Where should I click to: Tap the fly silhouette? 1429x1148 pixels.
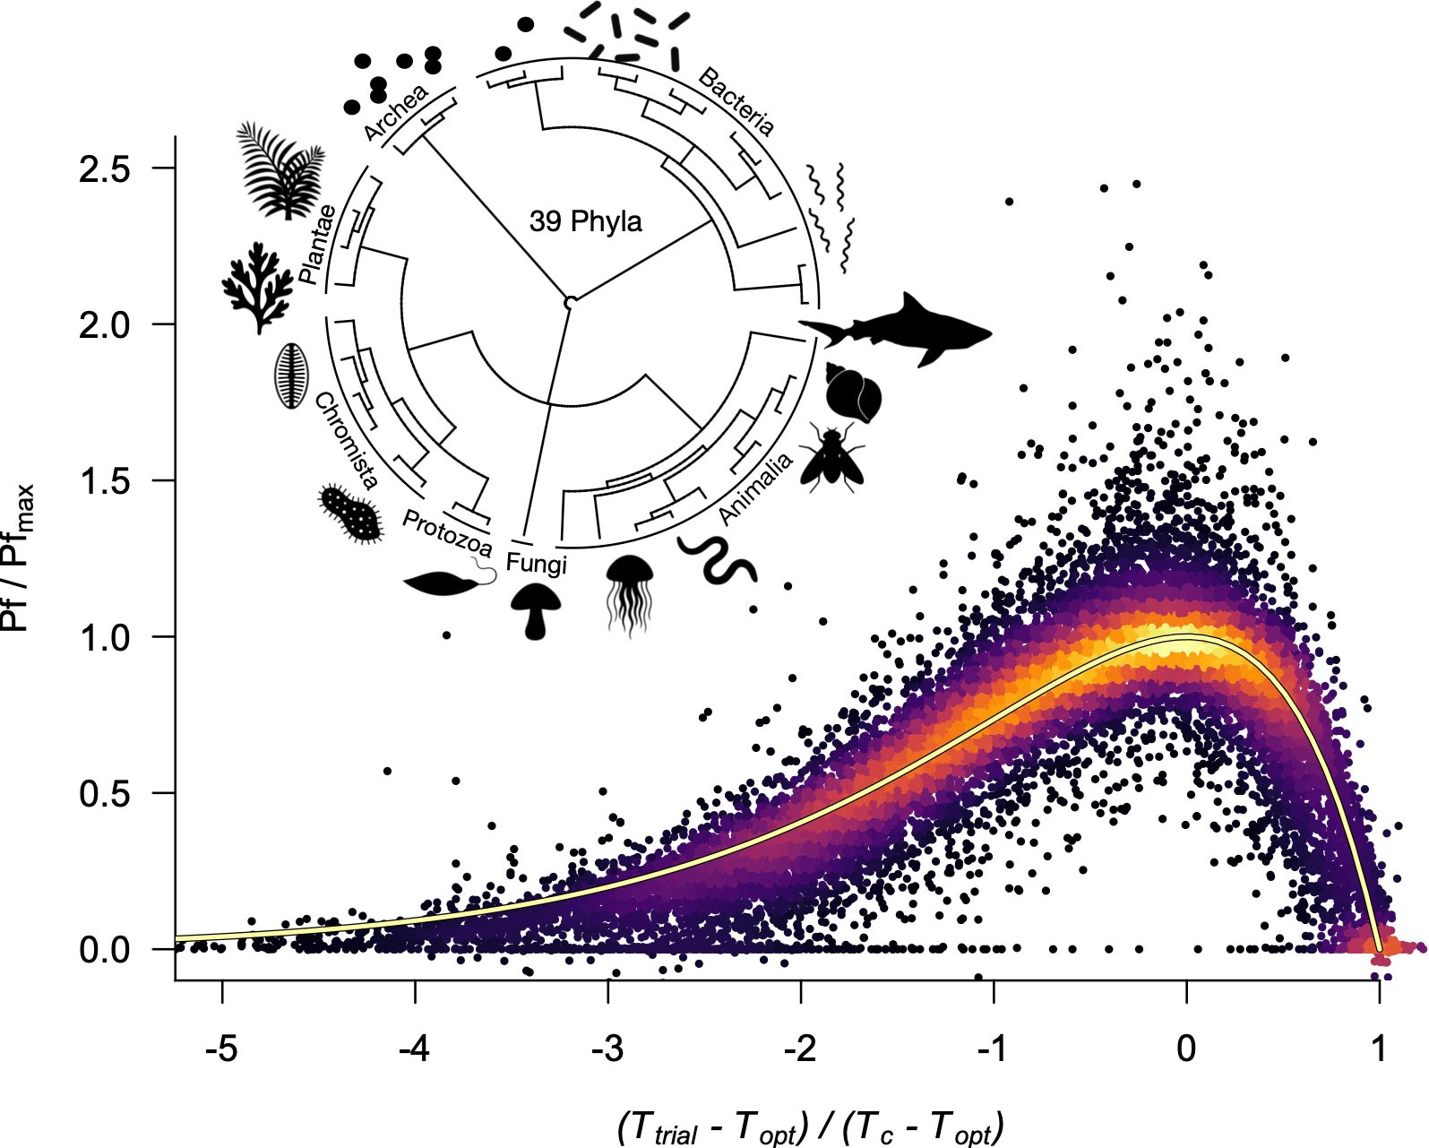pyautogui.click(x=831, y=458)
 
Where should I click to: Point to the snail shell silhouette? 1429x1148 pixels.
pyautogui.click(x=852, y=394)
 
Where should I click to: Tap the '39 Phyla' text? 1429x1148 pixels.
pyautogui.click(x=585, y=221)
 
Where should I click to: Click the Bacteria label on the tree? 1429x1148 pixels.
pyautogui.click(x=736, y=101)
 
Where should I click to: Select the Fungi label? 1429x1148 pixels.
pyautogui.click(x=537, y=562)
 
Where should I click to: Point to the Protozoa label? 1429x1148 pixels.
pyautogui.click(x=446, y=533)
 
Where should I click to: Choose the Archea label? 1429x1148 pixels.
pyautogui.click(x=396, y=113)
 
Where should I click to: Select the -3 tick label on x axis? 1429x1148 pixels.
pyautogui.click(x=607, y=1047)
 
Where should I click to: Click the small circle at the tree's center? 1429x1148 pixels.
pyautogui.click(x=569, y=303)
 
